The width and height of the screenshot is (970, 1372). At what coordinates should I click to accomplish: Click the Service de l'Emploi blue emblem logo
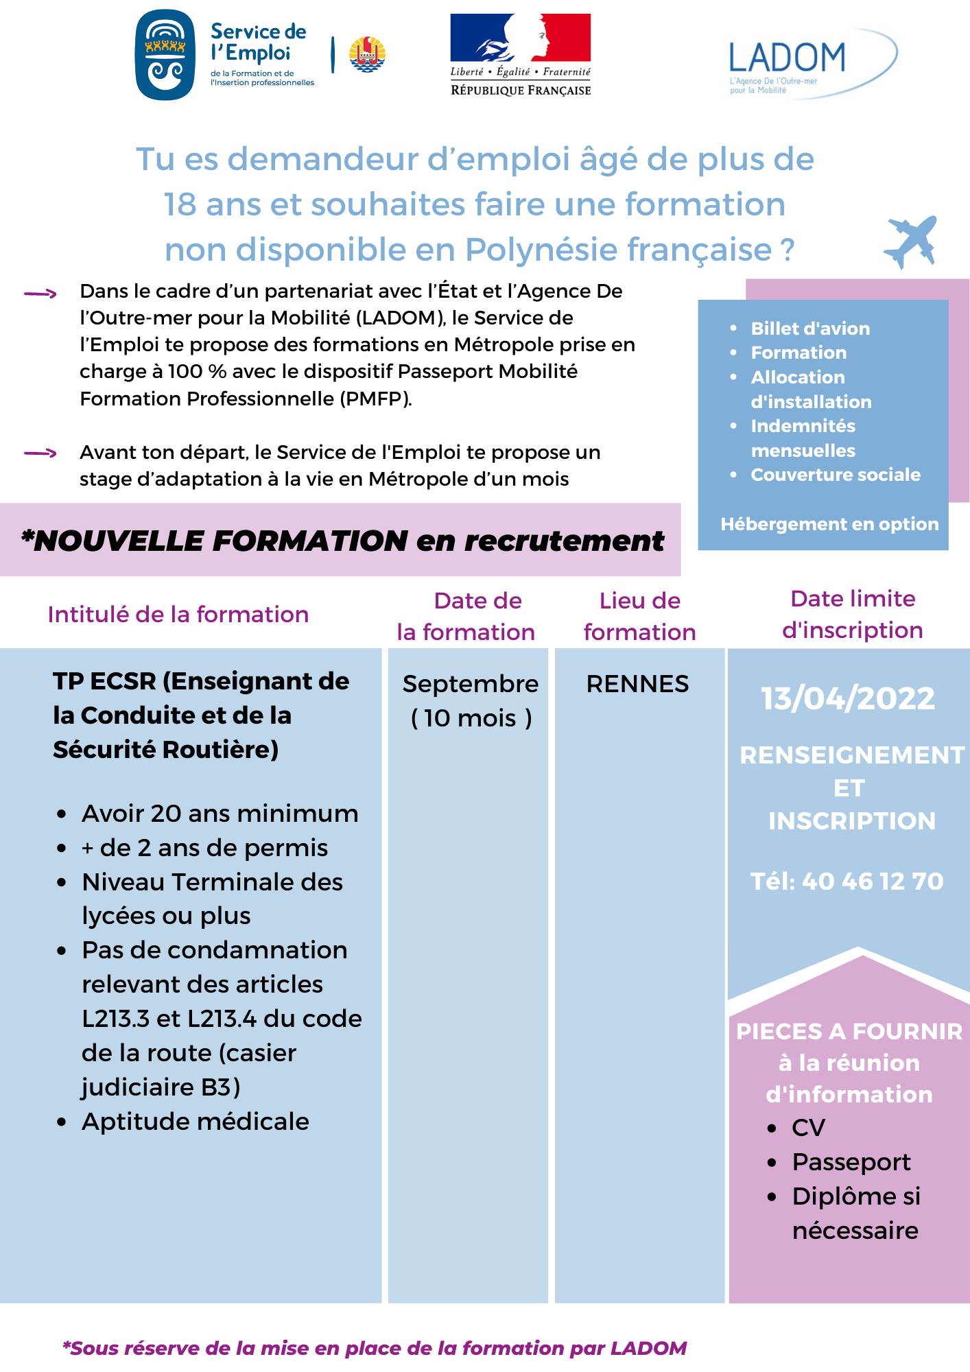pos(165,55)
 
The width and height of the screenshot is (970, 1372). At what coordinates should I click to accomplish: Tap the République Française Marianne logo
pos(520,54)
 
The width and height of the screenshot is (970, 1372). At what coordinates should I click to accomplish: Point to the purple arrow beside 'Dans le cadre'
pos(40,294)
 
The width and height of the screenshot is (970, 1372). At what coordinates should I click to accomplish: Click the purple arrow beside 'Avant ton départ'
pos(40,453)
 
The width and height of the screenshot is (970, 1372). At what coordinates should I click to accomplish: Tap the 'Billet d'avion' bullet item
pos(809,329)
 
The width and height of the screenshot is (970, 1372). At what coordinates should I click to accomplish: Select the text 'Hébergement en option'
pos(829,524)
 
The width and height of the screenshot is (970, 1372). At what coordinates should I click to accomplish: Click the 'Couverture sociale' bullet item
pos(835,475)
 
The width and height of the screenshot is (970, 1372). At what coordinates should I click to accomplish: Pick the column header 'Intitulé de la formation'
pos(178,615)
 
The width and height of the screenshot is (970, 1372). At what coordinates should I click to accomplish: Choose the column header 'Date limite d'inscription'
pos(852,614)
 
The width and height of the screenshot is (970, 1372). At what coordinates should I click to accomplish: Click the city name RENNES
pos(637,684)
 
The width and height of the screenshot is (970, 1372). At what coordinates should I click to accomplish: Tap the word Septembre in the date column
pos(470,684)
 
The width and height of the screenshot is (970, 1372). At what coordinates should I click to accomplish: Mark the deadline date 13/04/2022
pos(848,698)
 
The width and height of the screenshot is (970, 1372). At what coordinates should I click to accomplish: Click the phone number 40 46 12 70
pos(872,882)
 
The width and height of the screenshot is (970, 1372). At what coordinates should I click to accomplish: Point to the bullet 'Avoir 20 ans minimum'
pos(220,814)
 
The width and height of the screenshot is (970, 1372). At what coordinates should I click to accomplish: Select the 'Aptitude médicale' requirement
pos(196,1122)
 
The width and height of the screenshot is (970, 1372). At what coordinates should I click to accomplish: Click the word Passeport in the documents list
pos(851,1162)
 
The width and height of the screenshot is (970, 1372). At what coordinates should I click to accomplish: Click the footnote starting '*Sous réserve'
pos(375,1349)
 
